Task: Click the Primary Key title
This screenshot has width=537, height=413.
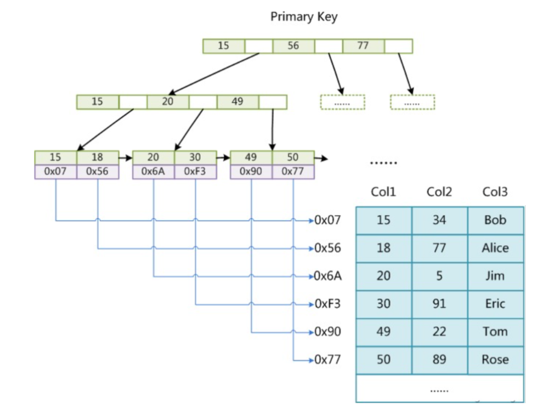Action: (x=304, y=16)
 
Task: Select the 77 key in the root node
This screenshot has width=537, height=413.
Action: (x=363, y=46)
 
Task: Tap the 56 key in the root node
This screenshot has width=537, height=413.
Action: (x=293, y=46)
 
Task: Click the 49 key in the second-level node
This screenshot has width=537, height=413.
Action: (x=238, y=101)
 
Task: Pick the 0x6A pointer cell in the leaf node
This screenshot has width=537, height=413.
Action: (x=153, y=172)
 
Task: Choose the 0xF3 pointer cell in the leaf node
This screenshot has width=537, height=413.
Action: (x=195, y=172)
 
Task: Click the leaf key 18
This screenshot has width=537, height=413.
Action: (x=98, y=157)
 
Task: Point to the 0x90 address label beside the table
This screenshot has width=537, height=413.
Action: (x=328, y=332)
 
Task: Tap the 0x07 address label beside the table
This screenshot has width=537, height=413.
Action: (x=328, y=220)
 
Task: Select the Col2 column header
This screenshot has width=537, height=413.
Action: (x=439, y=192)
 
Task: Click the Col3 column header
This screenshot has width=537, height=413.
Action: (x=495, y=192)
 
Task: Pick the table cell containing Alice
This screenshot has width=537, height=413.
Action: (x=495, y=248)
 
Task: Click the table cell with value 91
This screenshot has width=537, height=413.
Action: (x=439, y=304)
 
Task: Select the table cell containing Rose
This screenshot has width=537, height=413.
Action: (x=495, y=360)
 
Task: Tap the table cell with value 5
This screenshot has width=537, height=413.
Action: (x=439, y=276)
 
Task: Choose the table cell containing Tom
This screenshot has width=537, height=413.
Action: (x=495, y=332)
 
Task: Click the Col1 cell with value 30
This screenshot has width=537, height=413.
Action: (x=383, y=304)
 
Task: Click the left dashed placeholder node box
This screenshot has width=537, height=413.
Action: (x=342, y=102)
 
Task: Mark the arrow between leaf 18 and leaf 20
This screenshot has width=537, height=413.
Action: (x=126, y=158)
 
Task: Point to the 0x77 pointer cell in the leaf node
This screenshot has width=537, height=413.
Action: (x=293, y=172)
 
